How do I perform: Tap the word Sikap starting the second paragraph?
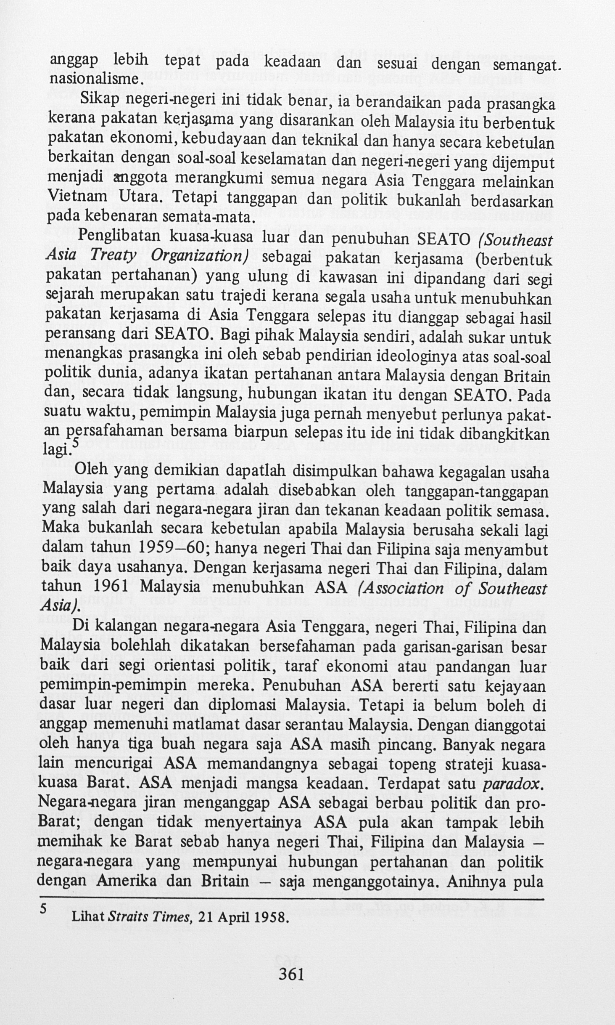pyautogui.click(x=97, y=100)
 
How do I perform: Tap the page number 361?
pyautogui.click(x=291, y=975)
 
